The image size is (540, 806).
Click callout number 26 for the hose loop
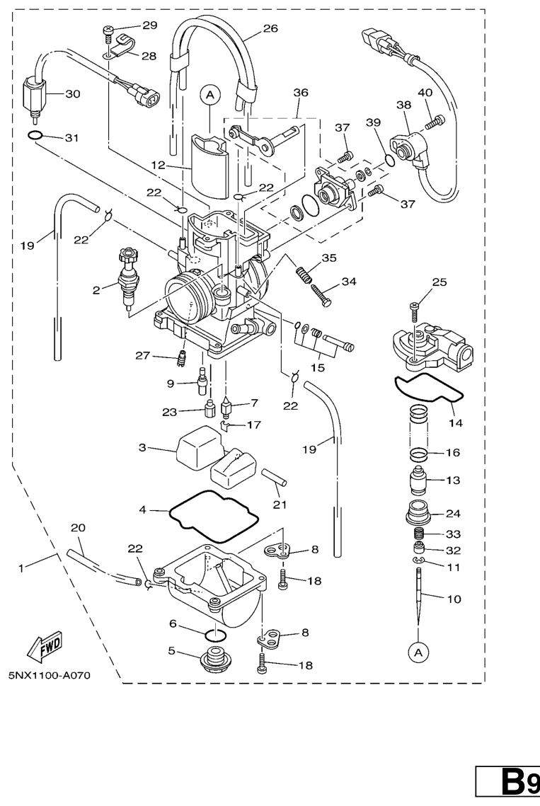coord(270,29)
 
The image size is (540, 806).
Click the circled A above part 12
coord(209,93)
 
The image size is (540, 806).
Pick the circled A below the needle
coord(418,650)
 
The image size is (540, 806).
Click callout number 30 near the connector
coord(73,93)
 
